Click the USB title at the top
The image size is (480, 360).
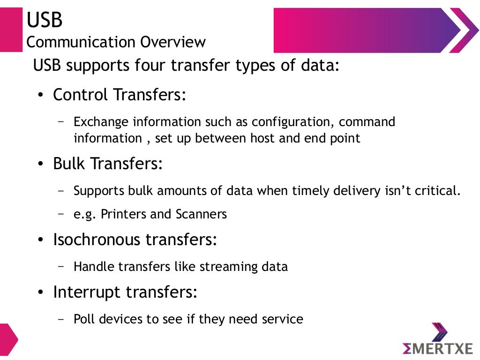[x=45, y=20]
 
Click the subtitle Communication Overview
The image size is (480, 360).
[x=116, y=42]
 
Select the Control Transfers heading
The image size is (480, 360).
[x=120, y=95]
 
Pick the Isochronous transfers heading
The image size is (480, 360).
[x=135, y=240]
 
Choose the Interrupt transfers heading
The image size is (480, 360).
[x=125, y=292]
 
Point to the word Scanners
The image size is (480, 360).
[x=201, y=214]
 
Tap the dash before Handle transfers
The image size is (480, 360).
[x=61, y=266]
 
